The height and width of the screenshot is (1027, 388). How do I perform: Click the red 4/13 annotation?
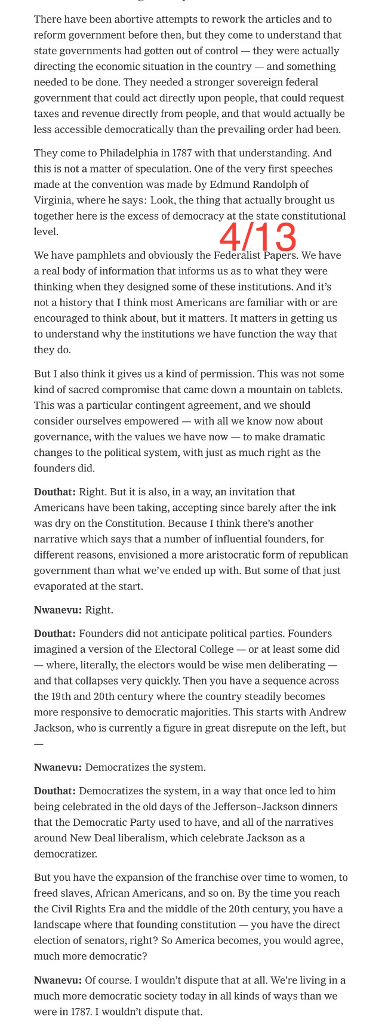(258, 237)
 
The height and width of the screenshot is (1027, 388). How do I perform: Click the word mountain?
(277, 390)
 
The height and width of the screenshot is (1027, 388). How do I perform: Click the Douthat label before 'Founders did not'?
(54, 634)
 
